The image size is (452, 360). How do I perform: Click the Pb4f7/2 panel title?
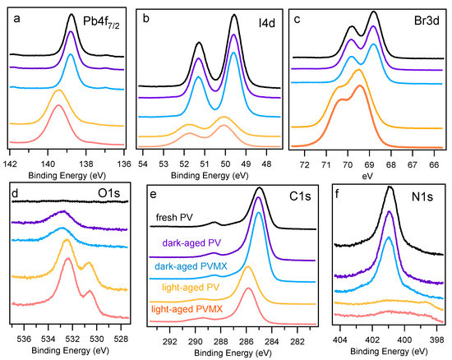[x=101, y=22]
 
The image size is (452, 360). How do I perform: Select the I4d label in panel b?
[x=266, y=23]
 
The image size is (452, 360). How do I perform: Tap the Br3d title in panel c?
[x=427, y=21]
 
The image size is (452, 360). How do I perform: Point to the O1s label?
[x=109, y=193]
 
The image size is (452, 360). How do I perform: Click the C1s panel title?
[x=300, y=196]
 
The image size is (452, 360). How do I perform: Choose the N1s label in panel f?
[x=422, y=196]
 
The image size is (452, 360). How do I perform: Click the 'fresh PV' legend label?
[x=174, y=217]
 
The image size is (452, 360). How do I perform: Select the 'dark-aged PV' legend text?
[x=191, y=242]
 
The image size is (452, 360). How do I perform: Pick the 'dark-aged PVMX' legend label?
[x=191, y=266]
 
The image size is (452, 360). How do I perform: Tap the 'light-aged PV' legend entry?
[x=191, y=288]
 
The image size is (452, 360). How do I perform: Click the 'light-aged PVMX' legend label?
[x=187, y=309]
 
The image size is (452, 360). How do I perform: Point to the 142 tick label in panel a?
[x=10, y=164]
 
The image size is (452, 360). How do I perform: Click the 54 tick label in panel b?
[x=143, y=164]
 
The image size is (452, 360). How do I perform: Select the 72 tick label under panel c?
[x=304, y=165]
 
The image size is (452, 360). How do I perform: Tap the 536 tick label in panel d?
[x=24, y=339]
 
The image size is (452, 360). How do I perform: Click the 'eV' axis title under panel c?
[x=367, y=176]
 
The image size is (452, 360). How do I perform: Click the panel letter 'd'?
[x=15, y=194]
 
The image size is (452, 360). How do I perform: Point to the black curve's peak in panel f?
[x=390, y=187]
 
